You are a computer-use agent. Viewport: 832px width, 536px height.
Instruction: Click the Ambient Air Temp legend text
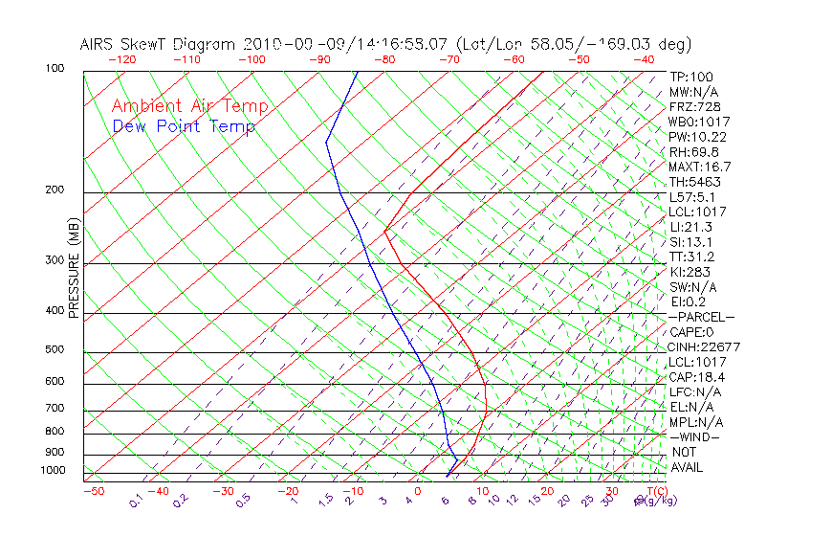pos(189,106)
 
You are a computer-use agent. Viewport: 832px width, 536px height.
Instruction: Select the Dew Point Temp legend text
pos(184,126)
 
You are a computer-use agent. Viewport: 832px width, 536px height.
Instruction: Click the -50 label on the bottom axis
pos(93,491)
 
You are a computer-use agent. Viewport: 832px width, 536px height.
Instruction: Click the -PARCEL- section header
pos(701,317)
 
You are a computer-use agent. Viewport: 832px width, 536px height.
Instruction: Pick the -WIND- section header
pos(694,436)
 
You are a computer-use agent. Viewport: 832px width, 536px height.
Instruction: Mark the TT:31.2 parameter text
pos(692,257)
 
